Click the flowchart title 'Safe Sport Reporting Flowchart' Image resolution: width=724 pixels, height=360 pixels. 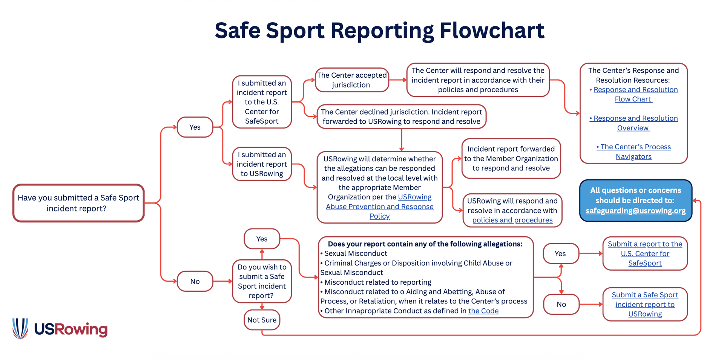pos(379,31)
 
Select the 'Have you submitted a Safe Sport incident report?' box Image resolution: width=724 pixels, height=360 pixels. pos(78,203)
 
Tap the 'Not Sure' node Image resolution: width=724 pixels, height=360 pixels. pos(262,320)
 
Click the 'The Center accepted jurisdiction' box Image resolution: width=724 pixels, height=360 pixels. pos(351,80)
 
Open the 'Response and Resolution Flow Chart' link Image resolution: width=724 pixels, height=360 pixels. pos(635,94)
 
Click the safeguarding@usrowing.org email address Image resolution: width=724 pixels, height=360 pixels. pos(635,211)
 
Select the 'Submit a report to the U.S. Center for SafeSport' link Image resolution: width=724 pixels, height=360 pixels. pos(645,253)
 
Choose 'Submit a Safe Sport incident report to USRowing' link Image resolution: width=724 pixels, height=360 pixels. pos(645,304)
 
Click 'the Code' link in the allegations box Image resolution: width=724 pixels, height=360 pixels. pos(483,311)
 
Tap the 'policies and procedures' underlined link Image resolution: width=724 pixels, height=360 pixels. pos(512,220)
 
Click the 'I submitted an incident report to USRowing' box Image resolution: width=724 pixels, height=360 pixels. pos(262,164)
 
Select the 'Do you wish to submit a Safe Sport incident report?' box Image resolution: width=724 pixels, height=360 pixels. pos(262,281)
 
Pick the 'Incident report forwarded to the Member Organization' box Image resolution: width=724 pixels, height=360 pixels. pos(511,158)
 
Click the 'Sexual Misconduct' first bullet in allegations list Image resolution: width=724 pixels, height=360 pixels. pos(356,254)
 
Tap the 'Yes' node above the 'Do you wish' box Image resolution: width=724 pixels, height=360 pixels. pos(262,239)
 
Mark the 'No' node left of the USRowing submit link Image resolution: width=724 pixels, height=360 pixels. pos(561,304)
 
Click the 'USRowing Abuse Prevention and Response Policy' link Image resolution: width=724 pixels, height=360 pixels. pos(379,207)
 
